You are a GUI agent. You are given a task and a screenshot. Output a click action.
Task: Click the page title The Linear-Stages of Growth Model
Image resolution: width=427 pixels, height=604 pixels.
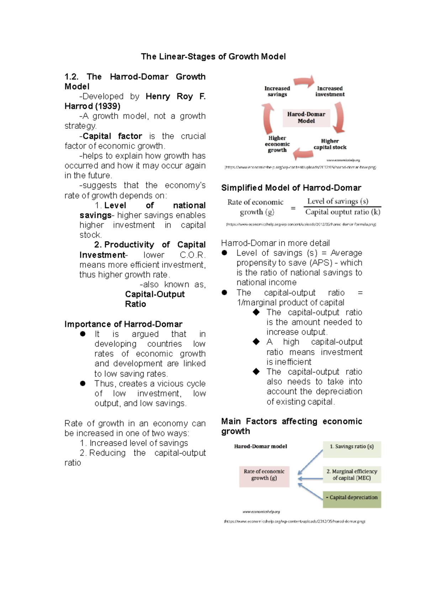(x=213, y=57)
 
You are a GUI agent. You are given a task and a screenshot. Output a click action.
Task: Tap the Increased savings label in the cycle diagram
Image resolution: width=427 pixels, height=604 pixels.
(x=277, y=91)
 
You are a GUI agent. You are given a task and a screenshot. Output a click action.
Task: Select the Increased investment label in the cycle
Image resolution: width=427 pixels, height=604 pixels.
(x=330, y=91)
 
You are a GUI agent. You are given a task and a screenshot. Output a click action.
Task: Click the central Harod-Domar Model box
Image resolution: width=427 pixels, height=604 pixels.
(x=306, y=118)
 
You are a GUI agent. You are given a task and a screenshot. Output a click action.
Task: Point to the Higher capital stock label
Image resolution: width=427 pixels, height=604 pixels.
(x=330, y=144)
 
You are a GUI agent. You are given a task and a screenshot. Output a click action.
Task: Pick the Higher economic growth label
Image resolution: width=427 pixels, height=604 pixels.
(x=277, y=144)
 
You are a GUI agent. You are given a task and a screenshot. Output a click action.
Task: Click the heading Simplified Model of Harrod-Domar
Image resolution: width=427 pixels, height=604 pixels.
(x=291, y=188)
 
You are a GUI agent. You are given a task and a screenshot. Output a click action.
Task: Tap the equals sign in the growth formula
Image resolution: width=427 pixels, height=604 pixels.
(x=293, y=208)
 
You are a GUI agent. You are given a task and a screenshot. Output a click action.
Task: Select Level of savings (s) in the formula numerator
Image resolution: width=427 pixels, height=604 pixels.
(x=338, y=201)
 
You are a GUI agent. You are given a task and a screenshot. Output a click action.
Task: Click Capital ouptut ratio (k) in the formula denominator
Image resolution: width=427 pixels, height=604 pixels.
(x=343, y=212)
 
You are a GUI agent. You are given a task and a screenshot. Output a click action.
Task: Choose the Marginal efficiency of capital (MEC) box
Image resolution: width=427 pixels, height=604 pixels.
(x=352, y=475)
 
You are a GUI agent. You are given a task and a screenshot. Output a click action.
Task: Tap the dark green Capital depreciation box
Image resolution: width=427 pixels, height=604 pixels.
(x=352, y=498)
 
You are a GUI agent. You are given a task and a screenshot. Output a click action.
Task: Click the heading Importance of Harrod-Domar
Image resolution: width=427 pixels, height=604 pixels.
(x=123, y=324)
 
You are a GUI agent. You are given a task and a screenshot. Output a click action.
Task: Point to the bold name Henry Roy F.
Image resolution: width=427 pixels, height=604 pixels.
(x=175, y=96)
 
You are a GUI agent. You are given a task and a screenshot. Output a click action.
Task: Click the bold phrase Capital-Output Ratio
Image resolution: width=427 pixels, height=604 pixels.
(x=154, y=299)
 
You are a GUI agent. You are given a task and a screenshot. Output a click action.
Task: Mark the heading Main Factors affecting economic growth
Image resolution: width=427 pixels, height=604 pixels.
(x=291, y=426)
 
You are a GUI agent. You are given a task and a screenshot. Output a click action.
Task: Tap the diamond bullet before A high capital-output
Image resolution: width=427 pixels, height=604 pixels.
(x=256, y=342)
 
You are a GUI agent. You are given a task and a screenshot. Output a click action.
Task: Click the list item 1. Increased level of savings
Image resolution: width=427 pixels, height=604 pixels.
(x=134, y=443)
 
